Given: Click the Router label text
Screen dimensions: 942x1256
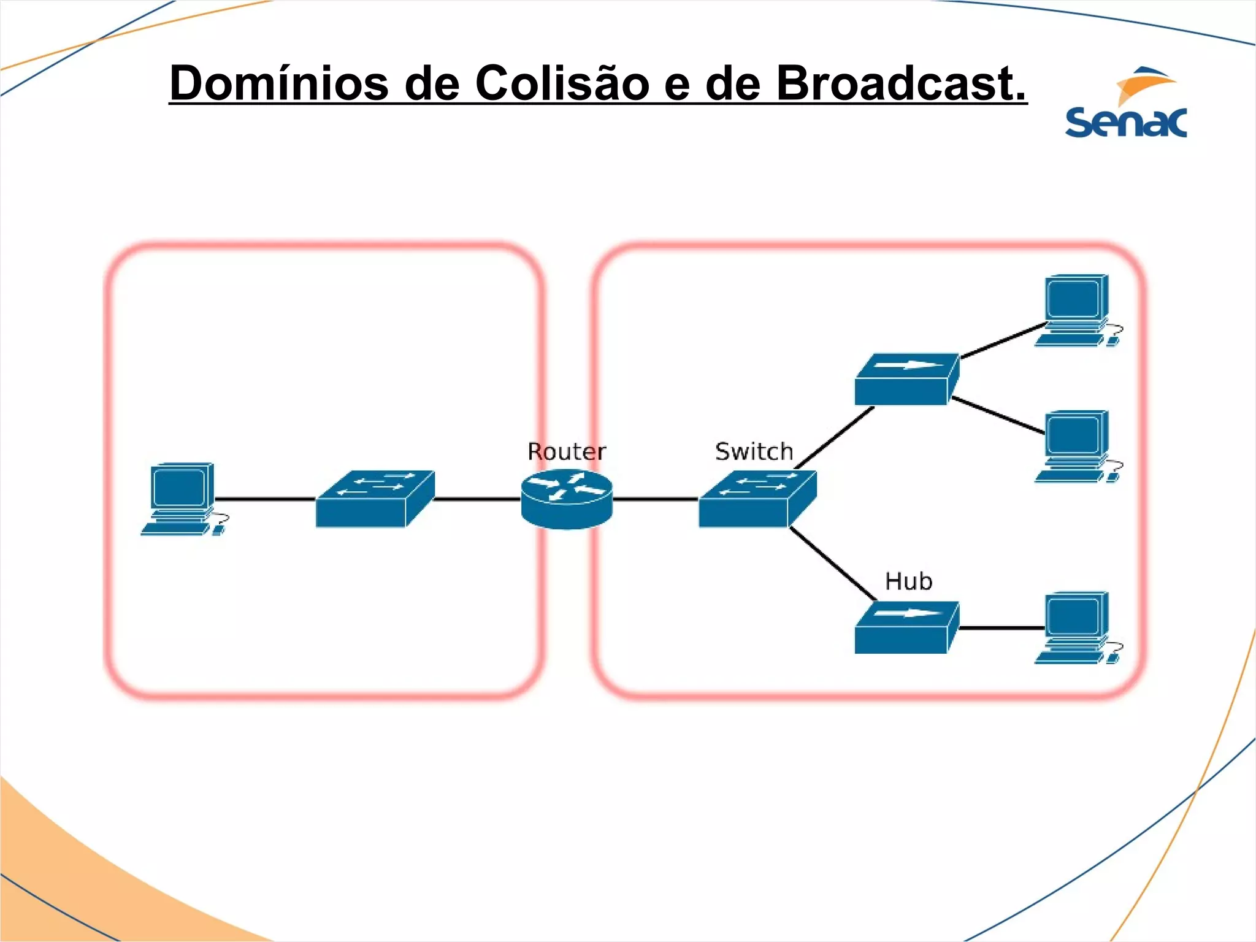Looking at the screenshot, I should click(x=567, y=452).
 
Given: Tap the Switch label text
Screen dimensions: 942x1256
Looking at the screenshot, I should click(x=754, y=452).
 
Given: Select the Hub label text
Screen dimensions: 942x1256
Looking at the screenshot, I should click(x=908, y=581).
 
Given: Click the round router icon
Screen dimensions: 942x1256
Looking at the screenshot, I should click(x=567, y=499).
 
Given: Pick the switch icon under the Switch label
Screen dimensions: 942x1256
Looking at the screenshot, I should click(x=757, y=499).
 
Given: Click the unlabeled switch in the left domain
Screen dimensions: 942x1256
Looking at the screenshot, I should click(x=375, y=499).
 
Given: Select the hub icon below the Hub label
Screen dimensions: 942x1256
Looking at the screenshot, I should click(x=906, y=628).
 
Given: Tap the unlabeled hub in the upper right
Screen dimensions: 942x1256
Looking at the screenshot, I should click(x=906, y=380).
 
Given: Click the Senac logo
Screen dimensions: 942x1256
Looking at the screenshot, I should click(x=1126, y=104).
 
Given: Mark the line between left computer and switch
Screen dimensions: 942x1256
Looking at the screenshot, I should click(x=265, y=499).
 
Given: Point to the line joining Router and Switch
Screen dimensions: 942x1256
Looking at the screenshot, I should click(x=655, y=499).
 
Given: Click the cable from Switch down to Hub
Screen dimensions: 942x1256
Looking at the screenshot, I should click(x=832, y=563).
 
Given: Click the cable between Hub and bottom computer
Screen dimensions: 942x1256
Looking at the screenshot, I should click(x=1001, y=628).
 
